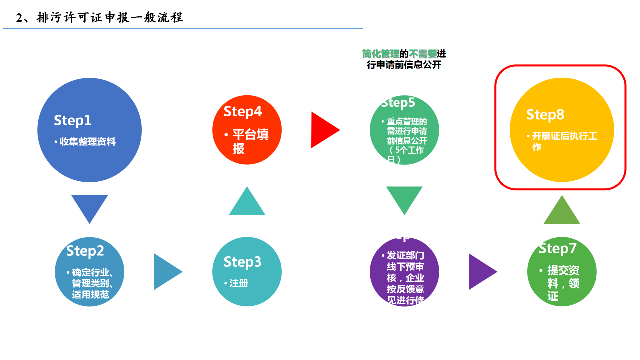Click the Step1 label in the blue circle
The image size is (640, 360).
tap(73, 120)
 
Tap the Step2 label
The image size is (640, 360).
tap(85, 251)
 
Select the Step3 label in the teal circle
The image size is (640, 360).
tap(242, 262)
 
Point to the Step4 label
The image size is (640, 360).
tap(243, 111)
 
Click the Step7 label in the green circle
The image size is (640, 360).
tap(558, 248)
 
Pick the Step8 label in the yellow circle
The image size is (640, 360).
tap(545, 115)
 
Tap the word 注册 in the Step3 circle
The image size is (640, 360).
tap(239, 283)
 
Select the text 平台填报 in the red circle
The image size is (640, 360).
tap(250, 142)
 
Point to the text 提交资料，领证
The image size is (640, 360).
tap(563, 283)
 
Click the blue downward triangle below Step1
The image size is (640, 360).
tap(90, 208)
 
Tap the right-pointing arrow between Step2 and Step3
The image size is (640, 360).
tap(167, 272)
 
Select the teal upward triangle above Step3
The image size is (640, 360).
tap(247, 203)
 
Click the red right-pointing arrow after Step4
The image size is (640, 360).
tap(324, 130)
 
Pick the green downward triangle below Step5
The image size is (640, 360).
tap(404, 199)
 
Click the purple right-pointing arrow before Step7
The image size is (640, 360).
tap(481, 272)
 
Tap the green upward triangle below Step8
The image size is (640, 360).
tap(562, 211)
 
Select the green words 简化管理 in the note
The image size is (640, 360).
tap(381, 54)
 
